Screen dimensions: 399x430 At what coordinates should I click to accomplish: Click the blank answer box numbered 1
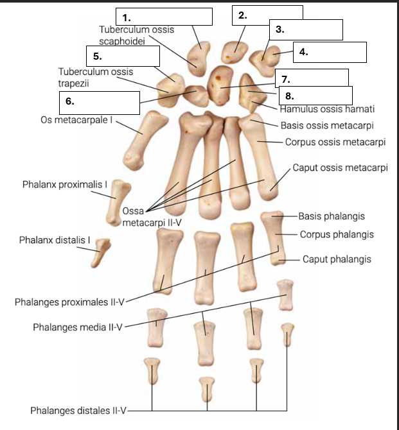tap(164, 17)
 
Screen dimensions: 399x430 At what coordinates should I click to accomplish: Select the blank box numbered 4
tap(330, 52)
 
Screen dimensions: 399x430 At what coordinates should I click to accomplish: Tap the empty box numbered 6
tap(100, 103)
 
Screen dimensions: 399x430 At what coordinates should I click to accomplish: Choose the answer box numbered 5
tap(123, 56)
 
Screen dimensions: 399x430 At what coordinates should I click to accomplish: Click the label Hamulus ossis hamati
tap(327, 109)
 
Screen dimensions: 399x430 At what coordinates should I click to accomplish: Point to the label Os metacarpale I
tap(76, 120)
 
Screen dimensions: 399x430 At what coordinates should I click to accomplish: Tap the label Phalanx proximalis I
tap(65, 185)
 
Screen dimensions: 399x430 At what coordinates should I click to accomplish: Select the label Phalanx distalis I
tap(55, 240)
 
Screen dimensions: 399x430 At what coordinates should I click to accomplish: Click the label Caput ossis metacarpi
tap(341, 168)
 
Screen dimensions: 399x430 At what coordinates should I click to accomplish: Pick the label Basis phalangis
tap(332, 216)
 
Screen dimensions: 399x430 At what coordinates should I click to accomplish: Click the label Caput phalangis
tap(337, 259)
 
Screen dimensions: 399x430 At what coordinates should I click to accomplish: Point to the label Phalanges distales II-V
tap(78, 411)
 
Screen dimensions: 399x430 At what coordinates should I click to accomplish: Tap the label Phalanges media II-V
tap(78, 327)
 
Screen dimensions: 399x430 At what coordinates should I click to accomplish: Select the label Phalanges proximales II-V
tap(69, 302)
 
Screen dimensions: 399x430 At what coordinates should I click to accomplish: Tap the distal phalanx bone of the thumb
tap(100, 253)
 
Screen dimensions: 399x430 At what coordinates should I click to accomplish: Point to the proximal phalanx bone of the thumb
tap(118, 202)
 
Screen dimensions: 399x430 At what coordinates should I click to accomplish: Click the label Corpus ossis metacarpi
tap(335, 142)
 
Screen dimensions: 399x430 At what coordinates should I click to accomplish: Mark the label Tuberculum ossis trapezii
tap(96, 77)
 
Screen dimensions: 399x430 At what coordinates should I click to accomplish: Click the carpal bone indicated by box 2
tap(234, 53)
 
